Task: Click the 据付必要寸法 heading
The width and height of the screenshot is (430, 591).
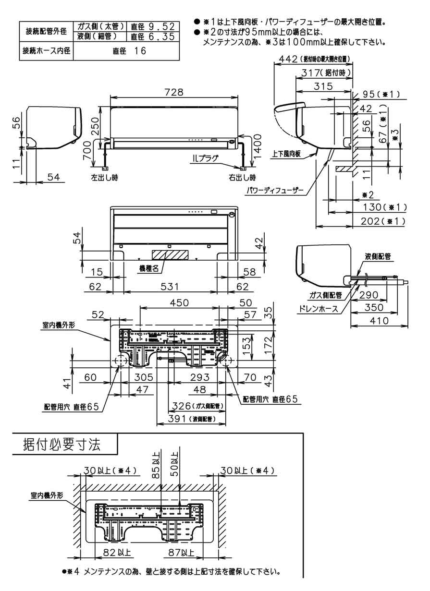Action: coord(62,445)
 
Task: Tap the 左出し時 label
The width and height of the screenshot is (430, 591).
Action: coord(104,177)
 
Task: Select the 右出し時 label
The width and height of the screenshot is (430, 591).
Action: coord(242,177)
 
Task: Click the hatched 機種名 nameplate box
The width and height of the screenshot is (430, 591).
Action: coord(169,254)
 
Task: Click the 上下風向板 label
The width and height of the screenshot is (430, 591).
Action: coord(286,154)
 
